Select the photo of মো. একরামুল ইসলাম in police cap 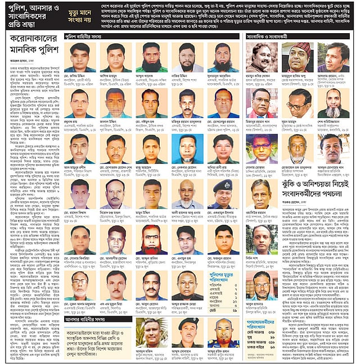pyautogui.click(x=222, y=194)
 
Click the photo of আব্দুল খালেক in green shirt pyautogui.click(x=151, y=57)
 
